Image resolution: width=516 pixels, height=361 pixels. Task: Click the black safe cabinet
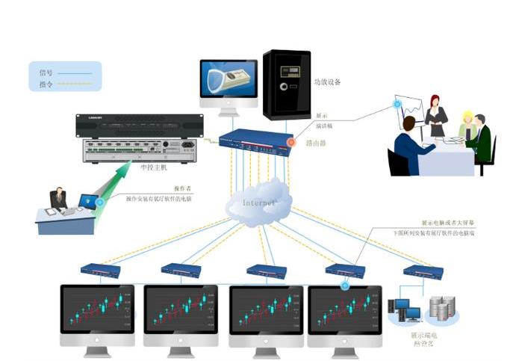286,84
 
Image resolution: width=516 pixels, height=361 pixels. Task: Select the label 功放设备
327,82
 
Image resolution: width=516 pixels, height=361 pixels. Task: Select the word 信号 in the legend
45,73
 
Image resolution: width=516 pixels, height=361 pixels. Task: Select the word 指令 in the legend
45,84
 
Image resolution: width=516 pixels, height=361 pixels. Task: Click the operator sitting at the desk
58,200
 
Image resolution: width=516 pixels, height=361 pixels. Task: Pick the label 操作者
183,188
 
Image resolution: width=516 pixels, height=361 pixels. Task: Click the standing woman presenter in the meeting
436,116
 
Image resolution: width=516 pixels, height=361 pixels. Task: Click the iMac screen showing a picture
229,81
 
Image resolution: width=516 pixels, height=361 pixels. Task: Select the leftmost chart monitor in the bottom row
97,310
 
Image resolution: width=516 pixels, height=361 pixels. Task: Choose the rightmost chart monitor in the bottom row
344,310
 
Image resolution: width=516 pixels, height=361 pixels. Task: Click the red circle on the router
291,141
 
